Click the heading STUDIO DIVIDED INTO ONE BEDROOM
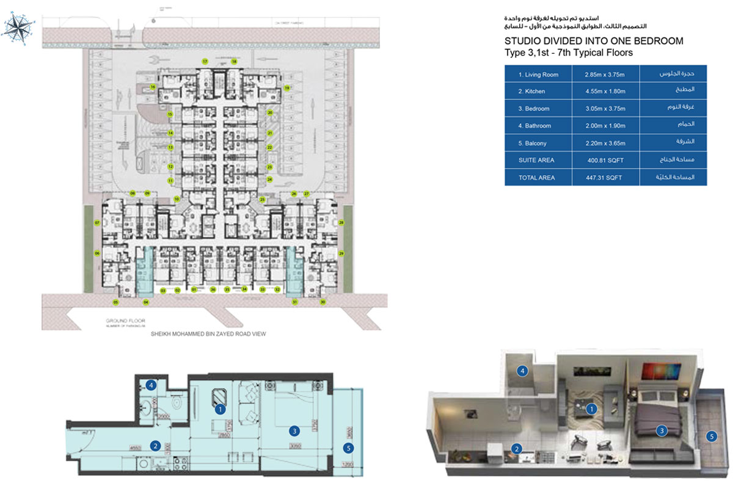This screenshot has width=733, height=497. pos(593,41)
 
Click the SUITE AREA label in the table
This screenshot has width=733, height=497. pos(536,160)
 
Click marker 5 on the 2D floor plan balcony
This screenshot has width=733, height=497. pos(348,448)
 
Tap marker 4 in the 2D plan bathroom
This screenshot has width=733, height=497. pos(150,385)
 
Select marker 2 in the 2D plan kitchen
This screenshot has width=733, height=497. pos(156,446)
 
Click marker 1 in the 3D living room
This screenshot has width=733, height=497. pos(591,410)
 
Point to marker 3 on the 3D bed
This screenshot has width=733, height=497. pos(661,431)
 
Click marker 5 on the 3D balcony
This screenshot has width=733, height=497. pos(710,436)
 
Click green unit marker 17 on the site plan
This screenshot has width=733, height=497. pos(205,62)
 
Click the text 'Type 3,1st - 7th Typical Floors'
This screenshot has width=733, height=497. pos(568,53)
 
